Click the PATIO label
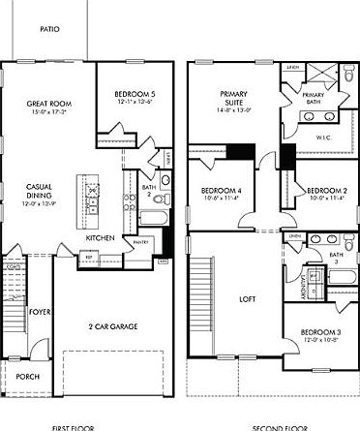click(x=49, y=30)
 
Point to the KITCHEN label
click(x=102, y=237)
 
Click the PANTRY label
click(x=140, y=242)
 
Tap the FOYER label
click(x=39, y=312)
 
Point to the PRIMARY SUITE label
click(x=233, y=95)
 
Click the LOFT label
click(x=247, y=298)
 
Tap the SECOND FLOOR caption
click(x=281, y=426)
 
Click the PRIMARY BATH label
click(x=314, y=98)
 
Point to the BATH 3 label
click(x=335, y=258)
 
